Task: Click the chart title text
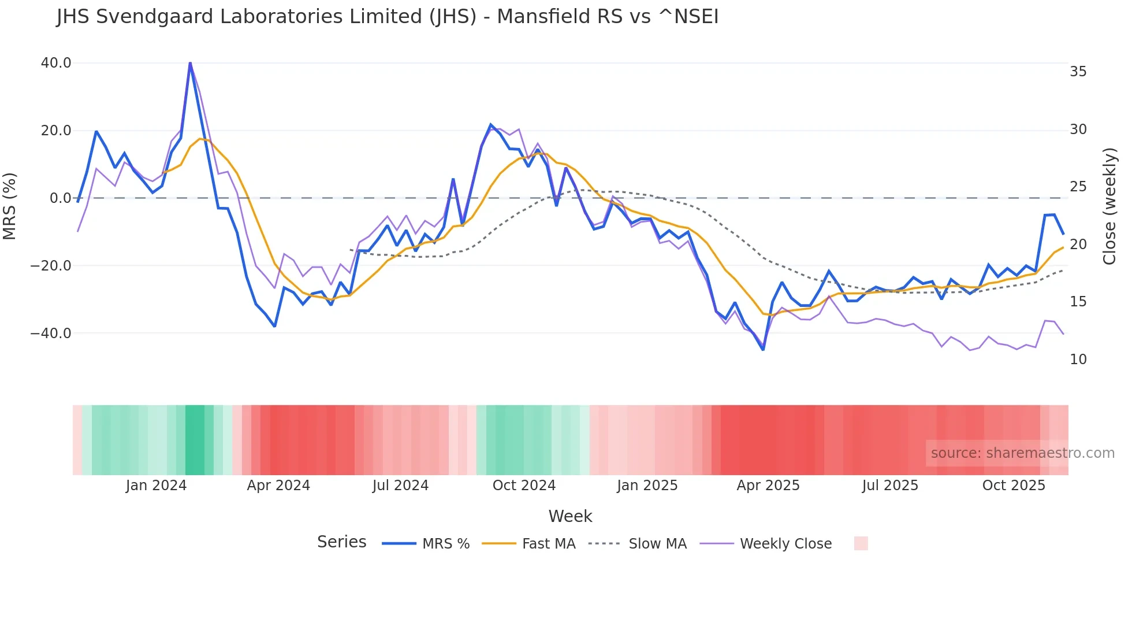pos(388,17)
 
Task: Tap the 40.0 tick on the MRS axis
pos(56,63)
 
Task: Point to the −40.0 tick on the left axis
pos(51,334)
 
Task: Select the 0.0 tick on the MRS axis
pos(61,198)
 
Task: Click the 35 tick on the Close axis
pos(1078,72)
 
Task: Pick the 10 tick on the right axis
pos(1078,360)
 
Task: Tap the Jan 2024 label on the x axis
pos(156,486)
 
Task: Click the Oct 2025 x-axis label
pos(1014,486)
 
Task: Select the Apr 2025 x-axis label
pos(768,486)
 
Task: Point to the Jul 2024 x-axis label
pos(400,486)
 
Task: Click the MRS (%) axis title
pos(10,206)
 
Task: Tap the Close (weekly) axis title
pos(1109,206)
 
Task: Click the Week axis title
pos(570,516)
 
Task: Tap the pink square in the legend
pos(861,543)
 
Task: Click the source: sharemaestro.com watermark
pos(1022,453)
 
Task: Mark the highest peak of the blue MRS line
pos(190,63)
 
